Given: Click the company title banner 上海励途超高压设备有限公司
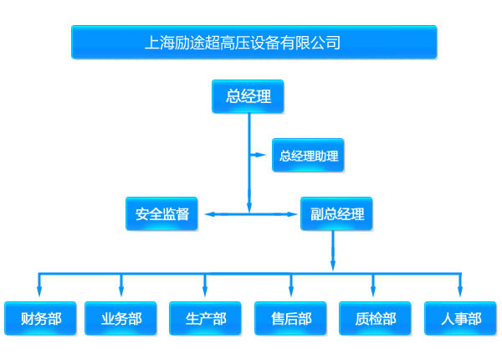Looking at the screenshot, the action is click(x=254, y=42).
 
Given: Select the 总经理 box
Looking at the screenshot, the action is click(x=248, y=96).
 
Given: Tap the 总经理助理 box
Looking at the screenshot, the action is click(x=308, y=156).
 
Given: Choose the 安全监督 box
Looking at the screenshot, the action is click(x=161, y=213).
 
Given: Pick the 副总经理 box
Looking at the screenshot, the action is click(x=336, y=213).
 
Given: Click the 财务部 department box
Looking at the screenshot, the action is click(x=40, y=318).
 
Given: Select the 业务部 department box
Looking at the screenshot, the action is click(x=120, y=318).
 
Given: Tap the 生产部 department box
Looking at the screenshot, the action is click(x=205, y=318).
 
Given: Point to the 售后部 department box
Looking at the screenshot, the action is click(x=290, y=318).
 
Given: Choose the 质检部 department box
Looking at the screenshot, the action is click(x=375, y=318).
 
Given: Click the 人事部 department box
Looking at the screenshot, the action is click(x=460, y=318).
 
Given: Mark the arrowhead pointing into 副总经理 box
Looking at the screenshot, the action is click(x=292, y=214).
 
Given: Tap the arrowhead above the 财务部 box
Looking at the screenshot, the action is click(x=39, y=291).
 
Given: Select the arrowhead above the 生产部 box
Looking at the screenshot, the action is click(x=205, y=291).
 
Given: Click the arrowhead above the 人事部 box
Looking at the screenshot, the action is click(x=460, y=291).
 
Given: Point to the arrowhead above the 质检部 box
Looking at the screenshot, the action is click(x=373, y=291).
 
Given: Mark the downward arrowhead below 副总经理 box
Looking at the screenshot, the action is click(x=333, y=265).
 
